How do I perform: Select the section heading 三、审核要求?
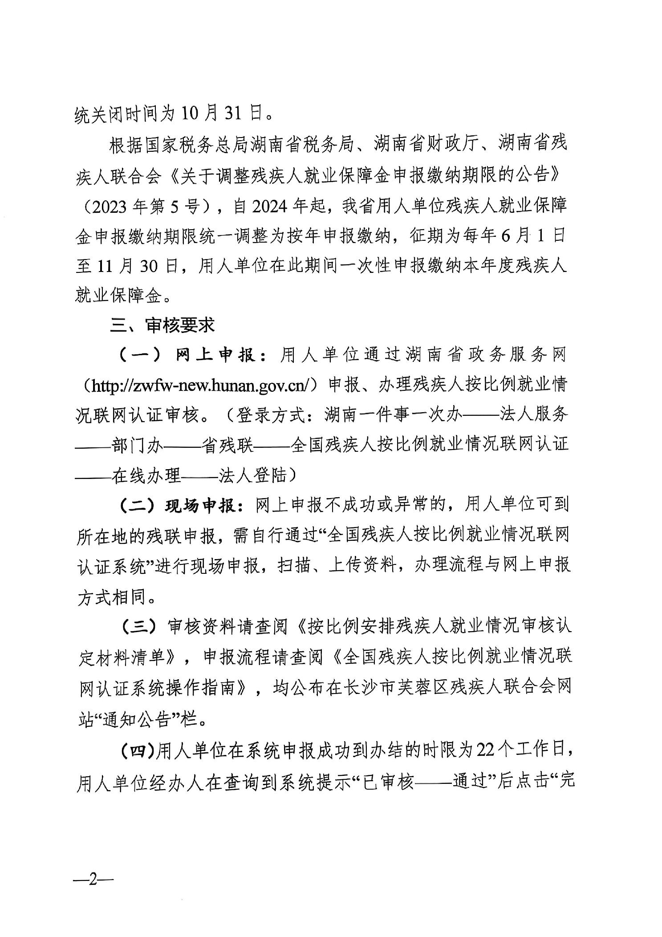point(162,325)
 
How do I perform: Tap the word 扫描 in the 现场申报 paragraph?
point(294,566)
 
